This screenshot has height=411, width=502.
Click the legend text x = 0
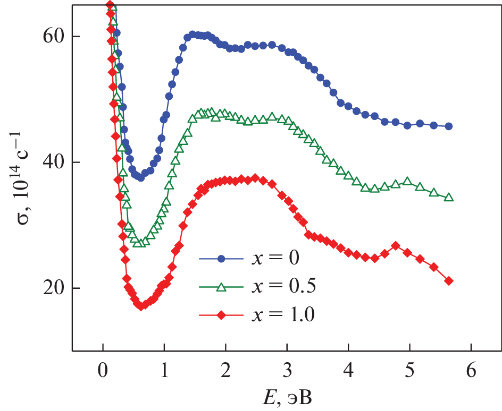click(272, 259)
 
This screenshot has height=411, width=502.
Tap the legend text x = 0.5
click(282, 287)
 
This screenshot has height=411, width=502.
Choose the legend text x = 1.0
click(282, 315)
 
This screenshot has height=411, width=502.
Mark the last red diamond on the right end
click(449, 280)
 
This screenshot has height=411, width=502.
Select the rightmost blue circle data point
click(449, 126)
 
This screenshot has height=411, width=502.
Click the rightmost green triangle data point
click(449, 197)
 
